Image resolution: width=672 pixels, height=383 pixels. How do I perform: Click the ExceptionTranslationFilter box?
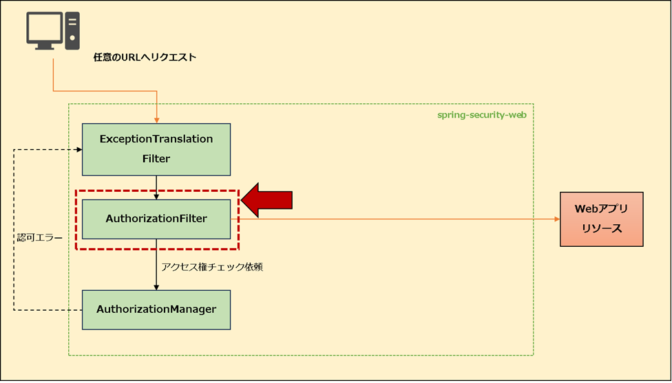156,149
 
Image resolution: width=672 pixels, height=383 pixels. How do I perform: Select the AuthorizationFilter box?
156,219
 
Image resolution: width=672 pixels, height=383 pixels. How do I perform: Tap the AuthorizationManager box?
156,309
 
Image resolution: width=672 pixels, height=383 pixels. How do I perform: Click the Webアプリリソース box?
601,219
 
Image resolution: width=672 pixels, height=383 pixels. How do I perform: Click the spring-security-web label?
481,115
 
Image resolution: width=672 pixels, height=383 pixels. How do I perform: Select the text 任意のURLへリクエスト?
145,58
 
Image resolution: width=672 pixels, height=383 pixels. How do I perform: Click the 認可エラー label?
39,239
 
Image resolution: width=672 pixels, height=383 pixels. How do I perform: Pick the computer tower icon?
72,30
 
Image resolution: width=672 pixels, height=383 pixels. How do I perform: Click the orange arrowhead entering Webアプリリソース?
556,219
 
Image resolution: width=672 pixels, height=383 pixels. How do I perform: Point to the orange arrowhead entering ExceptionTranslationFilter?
158,120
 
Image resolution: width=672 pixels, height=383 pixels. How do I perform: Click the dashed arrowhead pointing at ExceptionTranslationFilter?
78,149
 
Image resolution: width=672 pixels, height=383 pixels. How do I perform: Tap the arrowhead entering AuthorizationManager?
157,286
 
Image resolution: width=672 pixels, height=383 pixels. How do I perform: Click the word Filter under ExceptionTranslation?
156,159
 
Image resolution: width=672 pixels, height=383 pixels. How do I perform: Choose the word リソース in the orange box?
601,229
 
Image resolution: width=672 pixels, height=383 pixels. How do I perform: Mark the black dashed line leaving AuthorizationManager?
48,309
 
